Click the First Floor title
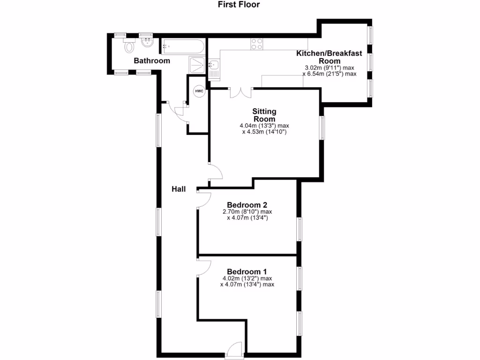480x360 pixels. coord(239,5)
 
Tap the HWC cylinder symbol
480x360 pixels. coord(199,91)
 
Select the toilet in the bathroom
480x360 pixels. coord(128,46)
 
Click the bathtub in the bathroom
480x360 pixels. coord(182,46)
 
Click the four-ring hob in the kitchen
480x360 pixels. coord(257,44)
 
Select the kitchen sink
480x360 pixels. coord(213,65)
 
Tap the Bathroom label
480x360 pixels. coord(152,61)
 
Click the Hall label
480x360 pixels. coord(178,189)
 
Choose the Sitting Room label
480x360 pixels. coord(264,115)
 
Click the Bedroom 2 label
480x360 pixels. coord(247,205)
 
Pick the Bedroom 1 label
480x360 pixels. coord(247,271)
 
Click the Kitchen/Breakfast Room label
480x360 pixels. coord(329,57)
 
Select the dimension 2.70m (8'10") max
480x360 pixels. coord(247,211)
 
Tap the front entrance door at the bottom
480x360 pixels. coord(234,351)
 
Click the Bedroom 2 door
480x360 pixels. coord(204,200)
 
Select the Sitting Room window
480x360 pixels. coord(322,127)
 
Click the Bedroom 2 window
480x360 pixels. coord(299,229)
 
